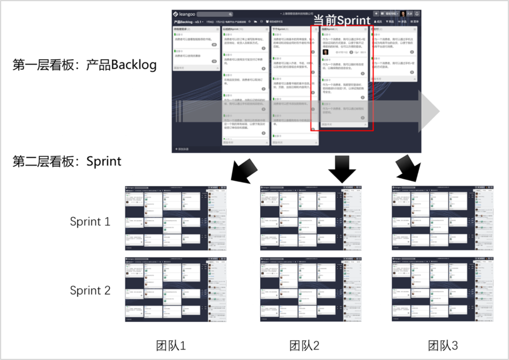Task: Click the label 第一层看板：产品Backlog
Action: coord(85,64)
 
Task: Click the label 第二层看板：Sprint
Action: coord(67,162)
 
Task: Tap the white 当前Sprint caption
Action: coord(341,19)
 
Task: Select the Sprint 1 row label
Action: coord(90,222)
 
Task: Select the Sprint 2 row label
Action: coord(90,290)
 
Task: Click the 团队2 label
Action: coord(305,345)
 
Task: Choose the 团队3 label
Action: coord(442,345)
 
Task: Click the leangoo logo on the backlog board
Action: coord(186,14)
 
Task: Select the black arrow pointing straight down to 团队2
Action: coord(342,169)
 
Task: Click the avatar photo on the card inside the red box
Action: coord(326,52)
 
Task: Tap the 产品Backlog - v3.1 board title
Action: coord(190,22)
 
